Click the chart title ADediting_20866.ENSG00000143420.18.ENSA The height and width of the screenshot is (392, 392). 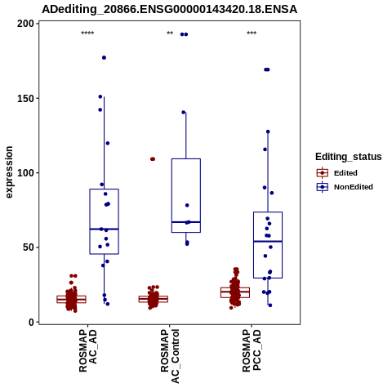pyautogui.click(x=169, y=9)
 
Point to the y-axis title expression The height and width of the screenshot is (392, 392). pyautogui.click(x=9, y=172)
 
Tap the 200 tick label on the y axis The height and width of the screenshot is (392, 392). pyautogui.click(x=25, y=24)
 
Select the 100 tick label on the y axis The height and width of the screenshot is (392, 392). pyautogui.click(x=25, y=173)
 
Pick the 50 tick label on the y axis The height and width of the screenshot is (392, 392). pyautogui.click(x=29, y=247)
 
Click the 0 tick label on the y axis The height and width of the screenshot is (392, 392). pyautogui.click(x=32, y=322)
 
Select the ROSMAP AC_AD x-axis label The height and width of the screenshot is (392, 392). pyautogui.click(x=87, y=350)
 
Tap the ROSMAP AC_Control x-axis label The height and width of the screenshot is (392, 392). pyautogui.click(x=170, y=356)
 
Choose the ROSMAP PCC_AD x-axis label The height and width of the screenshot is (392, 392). pyautogui.click(x=252, y=350)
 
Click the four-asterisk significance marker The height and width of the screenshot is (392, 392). pyautogui.click(x=87, y=33)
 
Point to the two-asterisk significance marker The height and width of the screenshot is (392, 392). pyautogui.click(x=170, y=33)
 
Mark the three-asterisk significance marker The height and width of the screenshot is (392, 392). pyautogui.click(x=252, y=33)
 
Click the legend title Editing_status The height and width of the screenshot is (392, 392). pyautogui.click(x=349, y=157)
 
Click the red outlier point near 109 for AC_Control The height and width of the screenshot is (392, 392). pyautogui.click(x=153, y=159)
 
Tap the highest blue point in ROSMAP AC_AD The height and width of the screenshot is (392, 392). pyautogui.click(x=104, y=58)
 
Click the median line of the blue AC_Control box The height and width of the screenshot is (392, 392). pyautogui.click(x=186, y=222)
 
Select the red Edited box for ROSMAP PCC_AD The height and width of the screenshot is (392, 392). pyautogui.click(x=235, y=292)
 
